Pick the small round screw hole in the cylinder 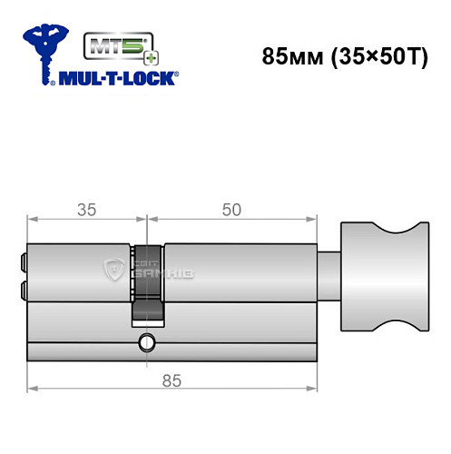pos(145,343)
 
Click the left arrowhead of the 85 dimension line pos(32,389)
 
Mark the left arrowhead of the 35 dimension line pos(32,218)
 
